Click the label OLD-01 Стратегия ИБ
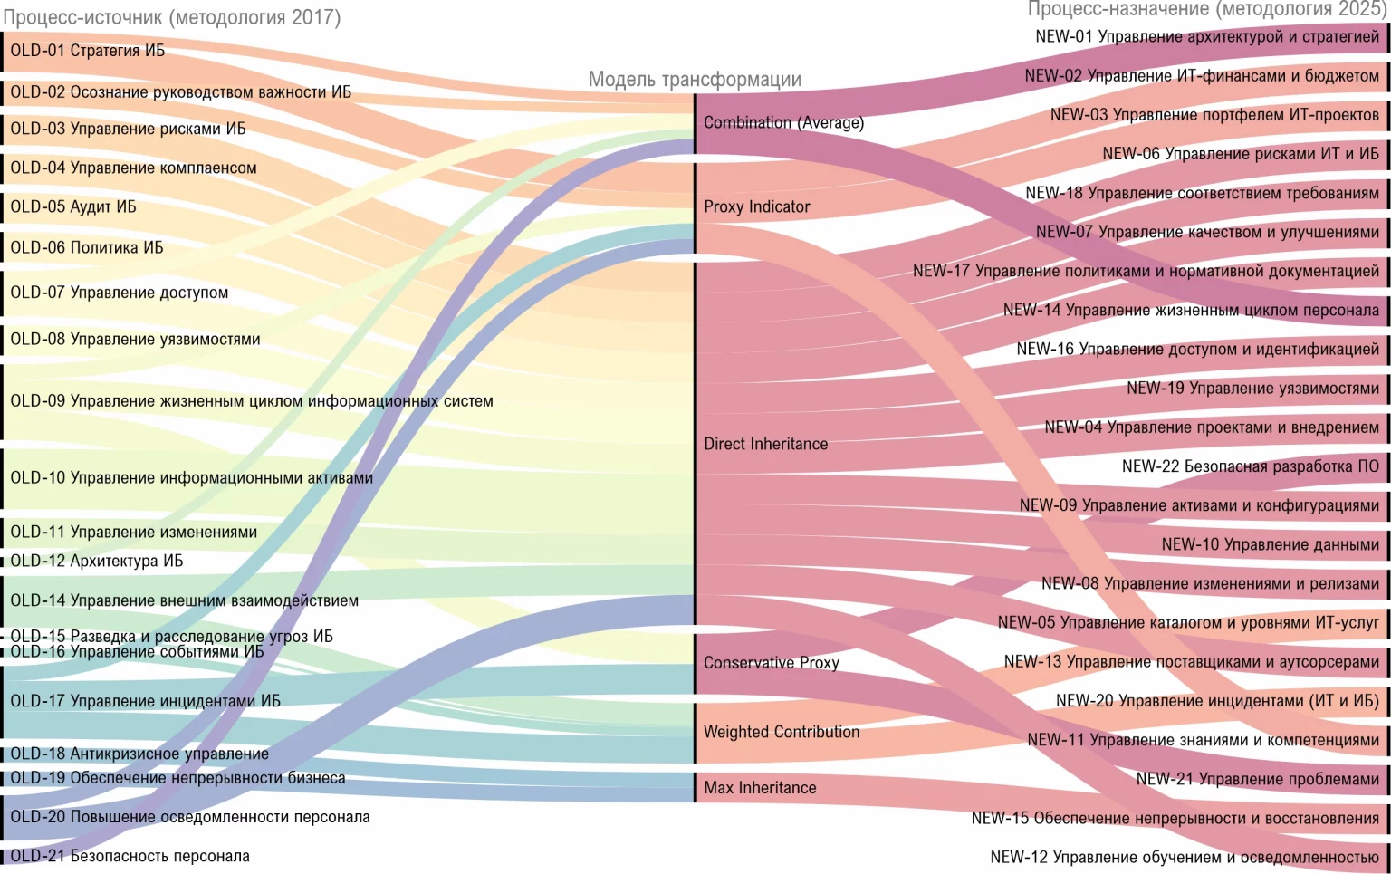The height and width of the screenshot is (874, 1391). [x=88, y=51]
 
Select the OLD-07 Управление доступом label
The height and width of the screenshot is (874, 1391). [x=119, y=293]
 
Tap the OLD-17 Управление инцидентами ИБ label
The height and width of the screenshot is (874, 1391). [x=145, y=701]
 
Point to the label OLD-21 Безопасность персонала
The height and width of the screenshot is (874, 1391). [x=130, y=856]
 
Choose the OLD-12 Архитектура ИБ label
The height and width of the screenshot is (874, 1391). [x=96, y=562]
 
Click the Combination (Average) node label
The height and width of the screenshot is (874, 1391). [x=783, y=122]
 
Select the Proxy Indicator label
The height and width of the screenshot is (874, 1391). [x=756, y=206]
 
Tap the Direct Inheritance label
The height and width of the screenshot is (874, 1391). [x=765, y=444]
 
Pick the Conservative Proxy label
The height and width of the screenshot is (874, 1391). [x=771, y=663]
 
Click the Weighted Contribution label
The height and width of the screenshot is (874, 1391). [x=781, y=732]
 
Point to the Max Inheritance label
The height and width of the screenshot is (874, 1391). [x=760, y=788]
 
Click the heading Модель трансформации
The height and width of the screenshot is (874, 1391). [x=695, y=80]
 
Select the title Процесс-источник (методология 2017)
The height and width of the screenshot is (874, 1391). [x=172, y=17]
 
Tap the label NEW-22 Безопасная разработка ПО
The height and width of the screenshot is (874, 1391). [x=1250, y=466]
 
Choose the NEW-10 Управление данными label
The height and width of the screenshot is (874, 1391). [x=1270, y=544]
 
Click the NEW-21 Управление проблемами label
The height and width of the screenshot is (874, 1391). [x=1257, y=779]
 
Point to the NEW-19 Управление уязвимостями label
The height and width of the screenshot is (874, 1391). [x=1252, y=389]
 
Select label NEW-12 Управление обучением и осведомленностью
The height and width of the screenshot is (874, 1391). [x=1185, y=857]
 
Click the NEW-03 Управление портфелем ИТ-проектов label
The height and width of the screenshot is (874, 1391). [x=1214, y=115]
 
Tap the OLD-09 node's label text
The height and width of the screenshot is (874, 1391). [x=251, y=401]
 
